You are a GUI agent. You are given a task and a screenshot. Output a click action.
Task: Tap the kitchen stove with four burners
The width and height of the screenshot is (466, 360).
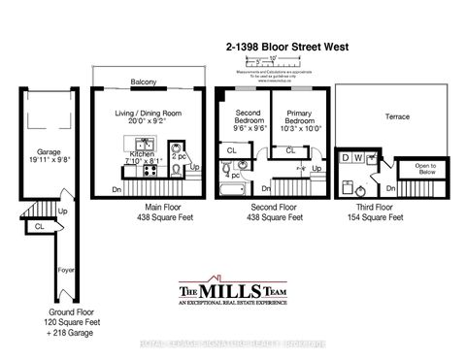point(125,172)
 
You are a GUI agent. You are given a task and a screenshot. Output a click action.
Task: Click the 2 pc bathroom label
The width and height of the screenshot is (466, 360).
point(179,156)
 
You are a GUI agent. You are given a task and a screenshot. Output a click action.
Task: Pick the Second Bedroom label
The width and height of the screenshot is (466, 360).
point(249,120)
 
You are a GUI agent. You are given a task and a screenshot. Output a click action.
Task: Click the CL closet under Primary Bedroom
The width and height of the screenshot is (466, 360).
point(290,150)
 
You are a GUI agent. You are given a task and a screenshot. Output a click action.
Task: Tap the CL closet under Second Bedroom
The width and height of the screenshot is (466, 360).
point(232,151)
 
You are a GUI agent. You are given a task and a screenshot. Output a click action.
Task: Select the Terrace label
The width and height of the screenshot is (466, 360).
point(397,116)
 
